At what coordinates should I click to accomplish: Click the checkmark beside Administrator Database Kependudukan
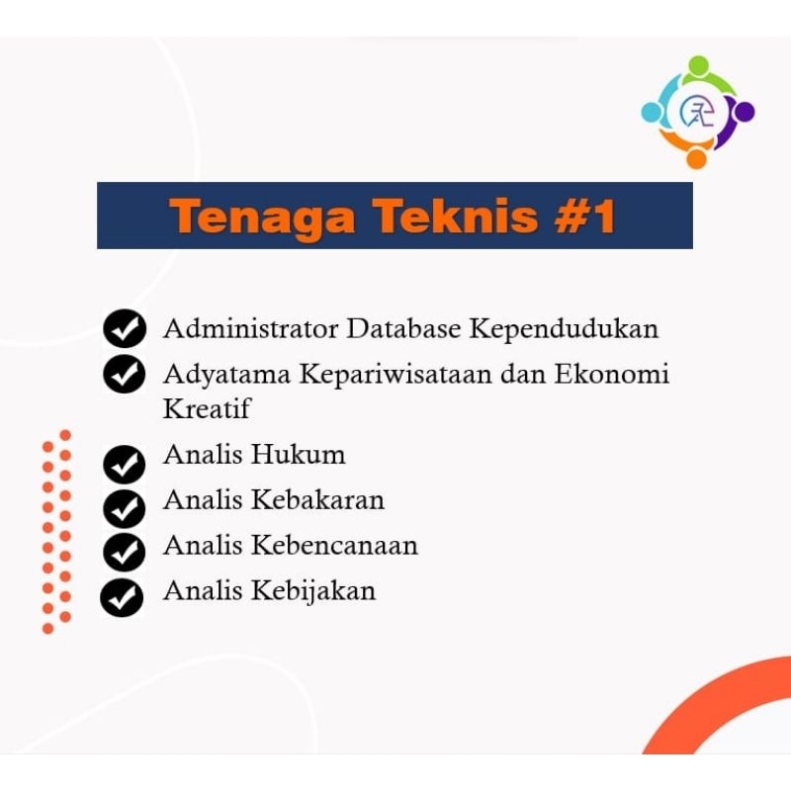pyautogui.click(x=125, y=329)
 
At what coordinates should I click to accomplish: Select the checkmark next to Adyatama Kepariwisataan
pyautogui.click(x=125, y=375)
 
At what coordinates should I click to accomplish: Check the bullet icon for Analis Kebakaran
pyautogui.click(x=125, y=508)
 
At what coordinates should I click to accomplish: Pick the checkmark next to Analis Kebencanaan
pyautogui.click(x=125, y=552)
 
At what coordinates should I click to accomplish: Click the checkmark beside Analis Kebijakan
pyautogui.click(x=123, y=597)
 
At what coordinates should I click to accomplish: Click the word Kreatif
pyautogui.click(x=206, y=407)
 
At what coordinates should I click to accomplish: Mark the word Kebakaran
pyautogui.click(x=317, y=499)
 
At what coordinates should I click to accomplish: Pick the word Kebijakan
pyautogui.click(x=313, y=591)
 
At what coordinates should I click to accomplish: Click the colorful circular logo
pyautogui.click(x=697, y=113)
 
